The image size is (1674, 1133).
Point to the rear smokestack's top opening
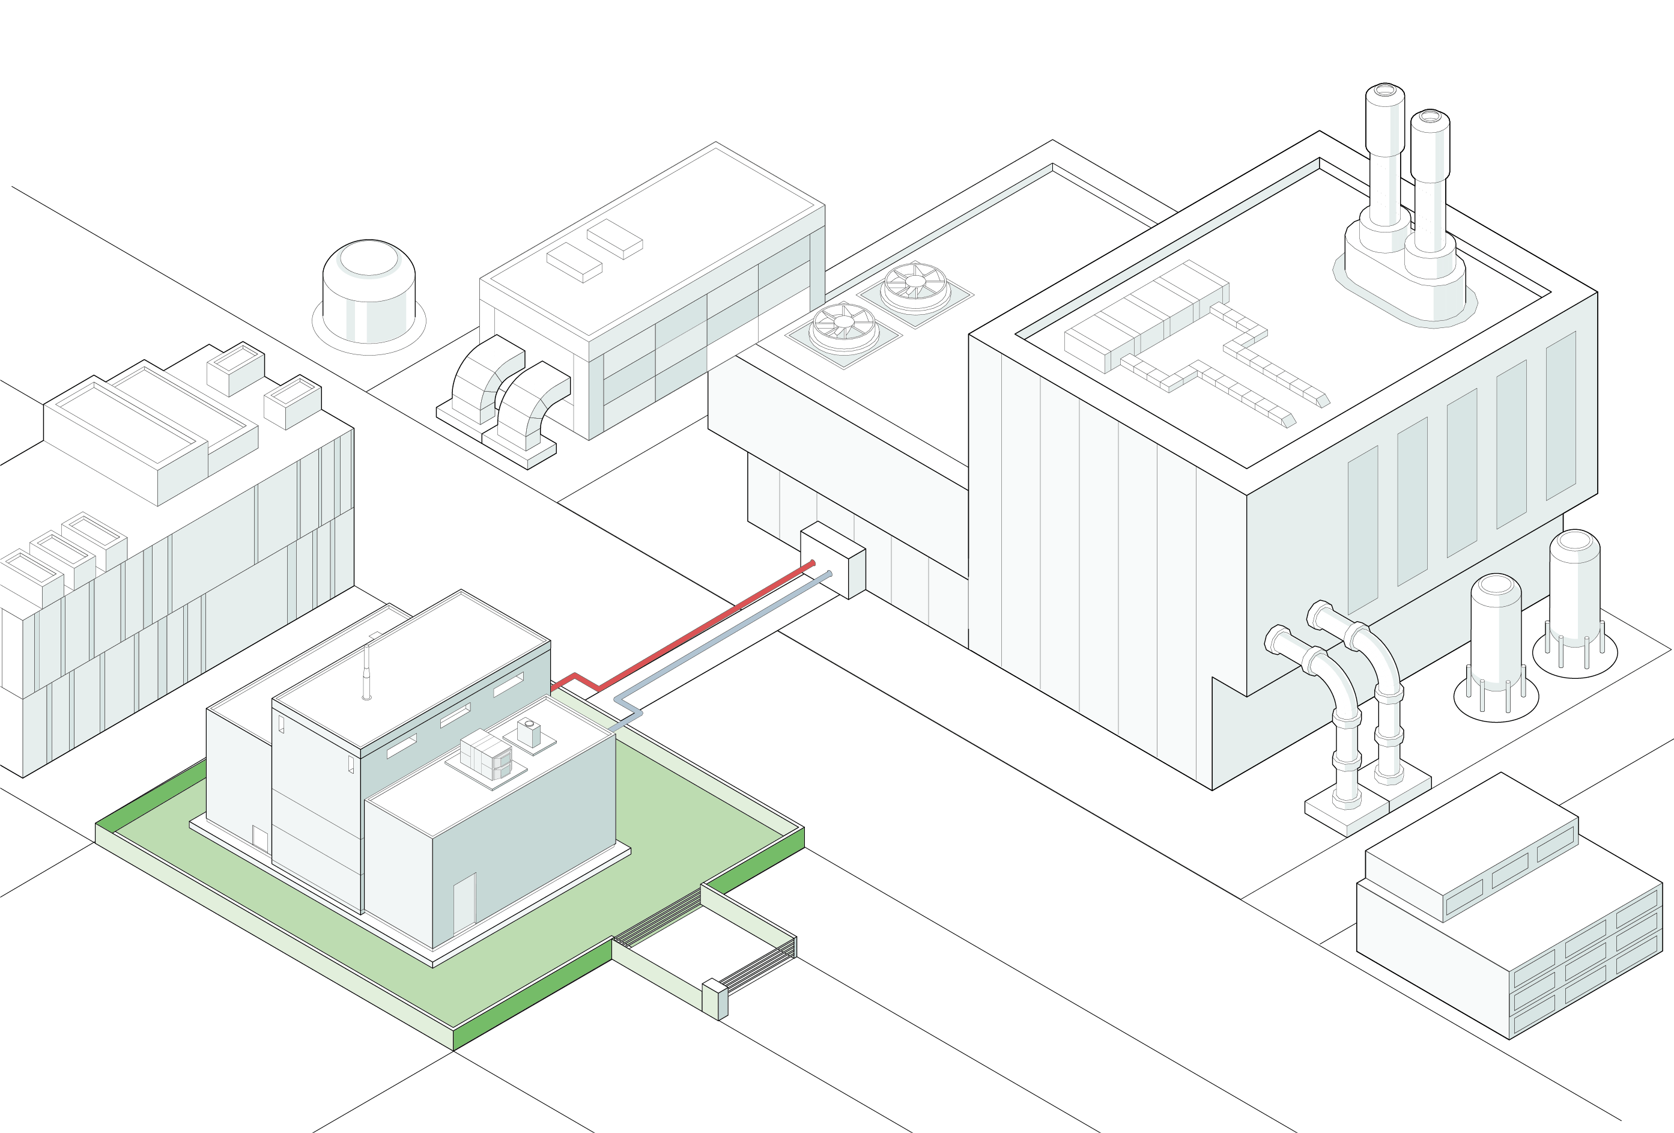1384,91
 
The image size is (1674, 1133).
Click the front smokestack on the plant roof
1430,187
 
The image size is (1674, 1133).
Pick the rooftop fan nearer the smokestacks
914,287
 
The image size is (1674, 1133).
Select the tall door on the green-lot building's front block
464,904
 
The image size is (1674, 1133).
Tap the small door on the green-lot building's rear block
260,839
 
